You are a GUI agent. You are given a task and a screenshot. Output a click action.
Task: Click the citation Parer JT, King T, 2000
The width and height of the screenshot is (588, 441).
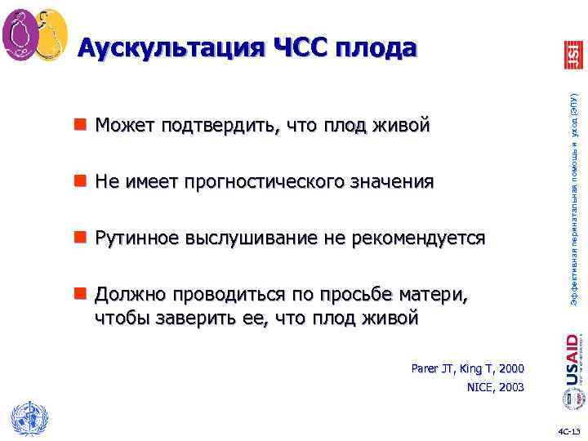(x=468, y=369)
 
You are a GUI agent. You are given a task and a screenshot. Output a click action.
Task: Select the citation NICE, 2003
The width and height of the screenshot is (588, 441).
(x=495, y=388)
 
